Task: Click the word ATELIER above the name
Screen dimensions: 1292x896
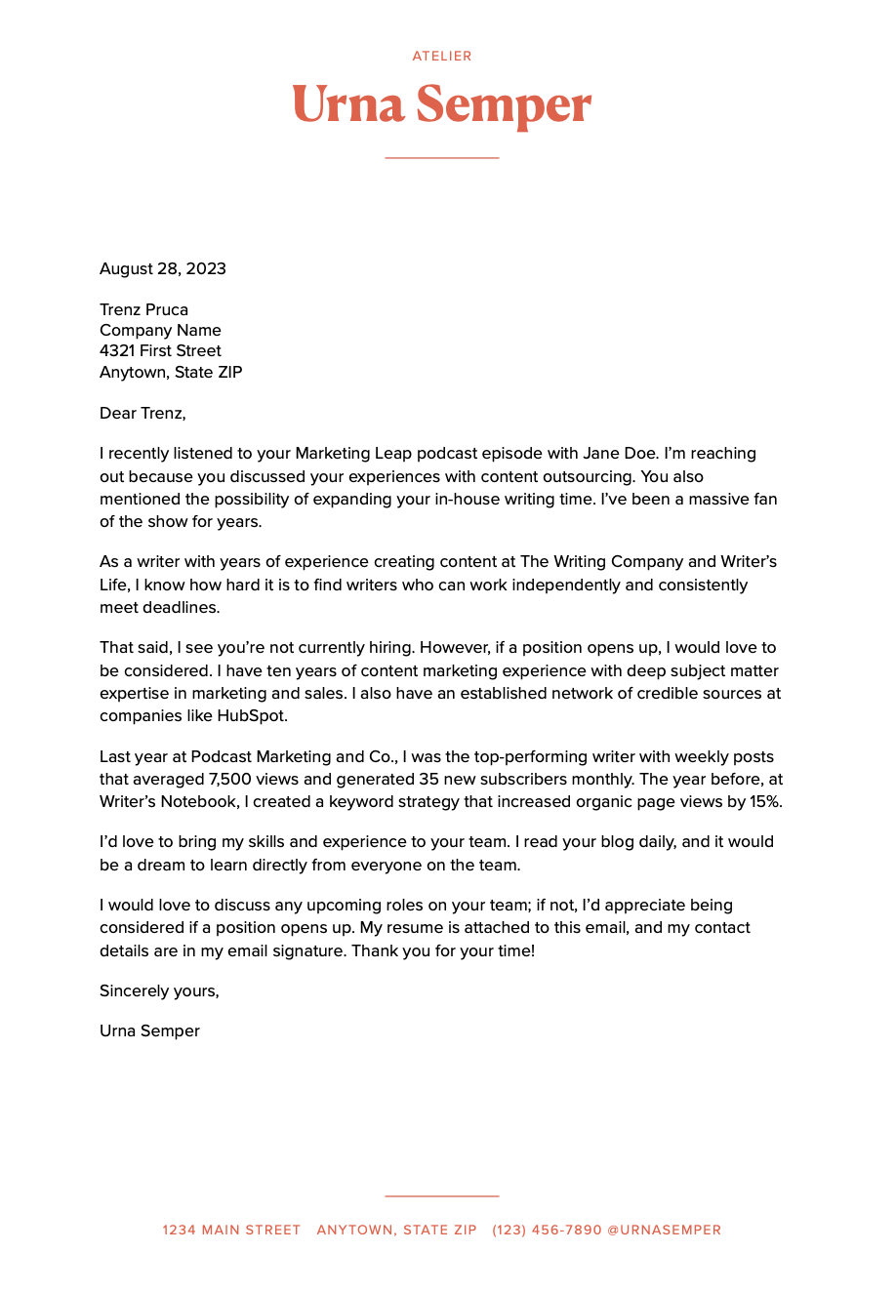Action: (x=442, y=57)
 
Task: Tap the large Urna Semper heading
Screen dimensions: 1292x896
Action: (x=442, y=104)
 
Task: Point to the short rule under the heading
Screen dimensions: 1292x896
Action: (x=442, y=157)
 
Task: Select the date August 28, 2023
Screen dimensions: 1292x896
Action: (x=163, y=268)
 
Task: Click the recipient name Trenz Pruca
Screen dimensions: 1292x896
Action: (x=143, y=309)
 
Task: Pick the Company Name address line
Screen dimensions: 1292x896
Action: (x=160, y=330)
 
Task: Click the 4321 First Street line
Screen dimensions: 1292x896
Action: (x=160, y=350)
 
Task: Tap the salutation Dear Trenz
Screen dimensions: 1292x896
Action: (x=143, y=413)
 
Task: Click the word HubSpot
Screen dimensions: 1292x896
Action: (x=252, y=715)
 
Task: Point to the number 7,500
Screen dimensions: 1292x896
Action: (x=232, y=779)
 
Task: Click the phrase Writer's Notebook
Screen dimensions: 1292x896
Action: (x=168, y=802)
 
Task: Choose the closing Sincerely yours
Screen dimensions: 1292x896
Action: (x=159, y=990)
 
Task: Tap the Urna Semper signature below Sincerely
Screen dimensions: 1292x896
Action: (x=149, y=1030)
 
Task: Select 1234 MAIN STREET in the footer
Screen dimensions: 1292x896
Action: (x=231, y=1230)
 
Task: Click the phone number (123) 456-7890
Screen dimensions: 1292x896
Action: (x=547, y=1230)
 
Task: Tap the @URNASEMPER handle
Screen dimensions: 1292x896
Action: (x=665, y=1230)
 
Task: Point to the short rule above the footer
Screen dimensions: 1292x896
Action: (x=442, y=1195)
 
